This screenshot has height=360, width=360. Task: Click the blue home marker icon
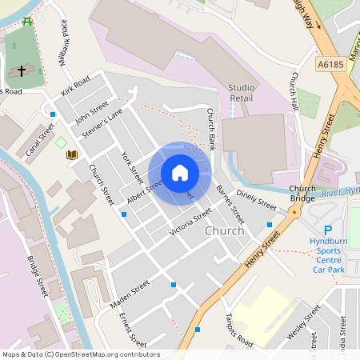pos(180,172)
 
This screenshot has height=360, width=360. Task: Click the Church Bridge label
pos(302,192)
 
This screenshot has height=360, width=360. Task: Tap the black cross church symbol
pos(21,71)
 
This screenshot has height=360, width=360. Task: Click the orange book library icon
pos(72,154)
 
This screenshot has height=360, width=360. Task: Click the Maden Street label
pos(130,289)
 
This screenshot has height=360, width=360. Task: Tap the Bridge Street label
pos(38,276)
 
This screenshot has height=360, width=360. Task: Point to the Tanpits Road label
pos(239,330)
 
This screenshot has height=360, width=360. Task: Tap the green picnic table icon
pos(28,21)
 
